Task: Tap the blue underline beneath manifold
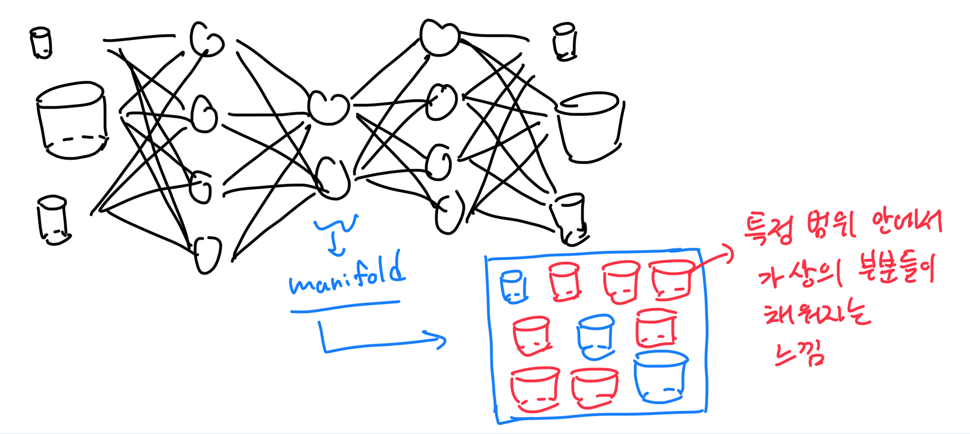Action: click(345, 307)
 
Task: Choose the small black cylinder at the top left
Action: click(41, 43)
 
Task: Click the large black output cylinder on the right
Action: click(589, 127)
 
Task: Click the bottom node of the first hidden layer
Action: click(207, 255)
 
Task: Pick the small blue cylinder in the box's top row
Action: click(513, 287)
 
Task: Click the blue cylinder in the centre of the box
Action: click(596, 337)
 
